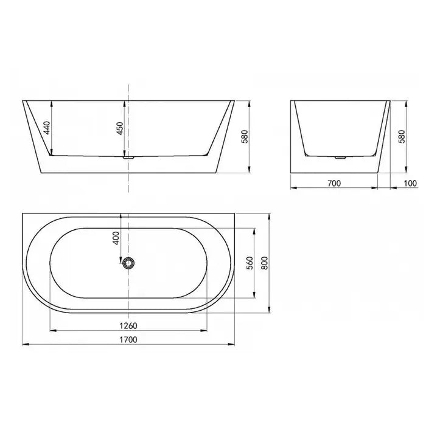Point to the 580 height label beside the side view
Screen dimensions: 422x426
coord(402,136)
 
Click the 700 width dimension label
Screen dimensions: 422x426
coord(333,182)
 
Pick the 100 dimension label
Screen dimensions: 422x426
coord(410,182)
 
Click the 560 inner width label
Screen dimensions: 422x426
coord(250,263)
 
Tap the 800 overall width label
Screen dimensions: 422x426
coord(265,263)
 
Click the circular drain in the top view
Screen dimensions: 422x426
coord(128,263)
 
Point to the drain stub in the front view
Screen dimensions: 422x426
coord(128,157)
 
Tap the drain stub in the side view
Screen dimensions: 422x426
coord(339,157)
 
